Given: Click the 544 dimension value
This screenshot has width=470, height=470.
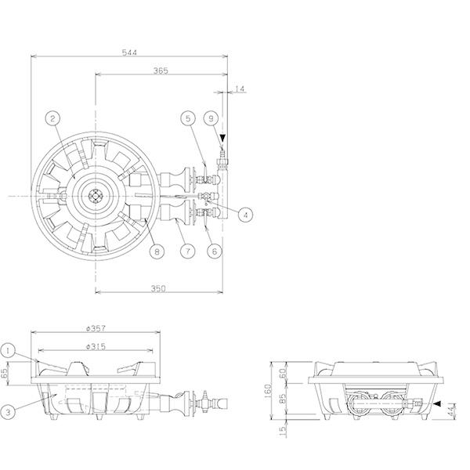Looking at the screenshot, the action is [x=129, y=52].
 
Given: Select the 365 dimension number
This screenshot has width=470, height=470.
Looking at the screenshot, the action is [x=161, y=70].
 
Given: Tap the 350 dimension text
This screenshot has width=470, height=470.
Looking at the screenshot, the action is [x=158, y=288].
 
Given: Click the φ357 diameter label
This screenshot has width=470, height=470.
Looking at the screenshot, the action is [x=96, y=328].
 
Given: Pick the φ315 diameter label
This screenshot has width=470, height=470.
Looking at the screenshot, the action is [x=96, y=346].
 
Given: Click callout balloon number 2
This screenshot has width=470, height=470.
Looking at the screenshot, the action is [x=53, y=119].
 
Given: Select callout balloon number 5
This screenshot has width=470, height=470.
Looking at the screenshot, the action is [x=188, y=118].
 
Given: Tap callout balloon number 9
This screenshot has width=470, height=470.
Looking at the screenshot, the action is [x=211, y=118].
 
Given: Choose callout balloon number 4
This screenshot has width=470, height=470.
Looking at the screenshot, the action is [x=246, y=215].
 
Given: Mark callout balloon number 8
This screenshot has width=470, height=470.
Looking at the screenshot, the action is [x=157, y=251].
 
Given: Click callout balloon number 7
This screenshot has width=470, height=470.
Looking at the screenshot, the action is [x=188, y=251].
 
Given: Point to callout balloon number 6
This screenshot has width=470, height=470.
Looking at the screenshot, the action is [x=215, y=251].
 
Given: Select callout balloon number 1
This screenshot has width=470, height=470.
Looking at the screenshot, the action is [x=8, y=350].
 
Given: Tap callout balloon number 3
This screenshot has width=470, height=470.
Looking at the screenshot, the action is [x=8, y=412].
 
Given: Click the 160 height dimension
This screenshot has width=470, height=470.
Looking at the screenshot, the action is [x=268, y=391].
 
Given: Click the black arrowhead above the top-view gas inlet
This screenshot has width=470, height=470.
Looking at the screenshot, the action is [x=222, y=138].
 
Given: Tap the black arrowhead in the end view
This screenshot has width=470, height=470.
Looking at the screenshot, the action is [x=437, y=403].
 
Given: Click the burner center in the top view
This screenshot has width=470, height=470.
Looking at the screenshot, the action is [x=96, y=196].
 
